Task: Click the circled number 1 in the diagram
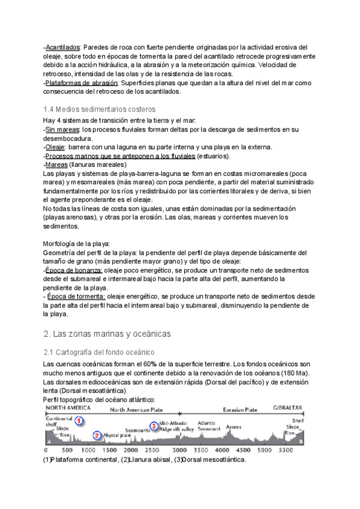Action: pos(79,421)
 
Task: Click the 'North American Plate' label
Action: pos(137,409)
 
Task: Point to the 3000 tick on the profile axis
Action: pos(180,450)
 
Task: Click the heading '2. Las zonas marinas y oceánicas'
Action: pos(107,333)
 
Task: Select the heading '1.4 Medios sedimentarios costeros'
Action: pos(100,109)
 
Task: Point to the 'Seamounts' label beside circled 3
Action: pos(138,430)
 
